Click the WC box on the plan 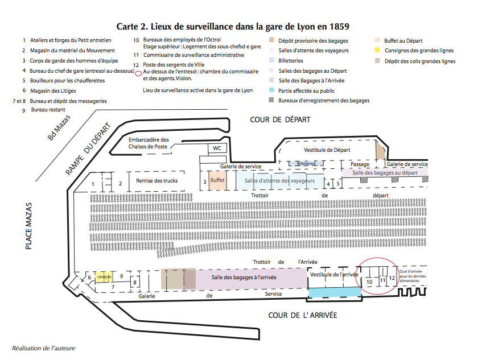[217, 148]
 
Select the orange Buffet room [217, 180]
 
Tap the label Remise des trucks [156, 181]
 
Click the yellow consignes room [104, 276]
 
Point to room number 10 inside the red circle [369, 282]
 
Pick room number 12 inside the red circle [392, 278]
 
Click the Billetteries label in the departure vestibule [306, 163]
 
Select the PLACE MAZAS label [28, 226]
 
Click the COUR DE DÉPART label [281, 119]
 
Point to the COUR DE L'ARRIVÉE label [303, 315]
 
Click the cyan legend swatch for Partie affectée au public [272, 90]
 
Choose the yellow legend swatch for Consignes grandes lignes [377, 51]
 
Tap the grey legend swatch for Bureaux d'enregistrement [272, 101]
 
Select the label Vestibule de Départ [327, 150]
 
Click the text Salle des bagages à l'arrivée [244, 277]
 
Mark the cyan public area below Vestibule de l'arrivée [335, 291]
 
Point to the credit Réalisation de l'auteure [43, 347]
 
